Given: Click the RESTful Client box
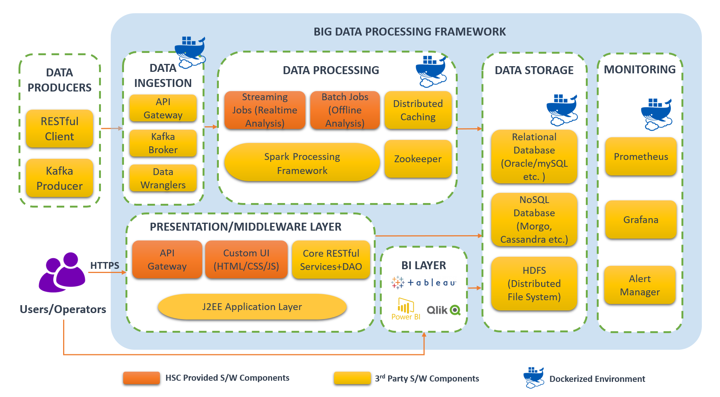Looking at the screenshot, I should click(x=59, y=129).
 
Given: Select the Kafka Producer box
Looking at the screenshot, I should click(x=59, y=178).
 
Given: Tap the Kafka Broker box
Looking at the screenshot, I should click(x=163, y=143).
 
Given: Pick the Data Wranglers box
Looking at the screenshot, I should click(x=163, y=178).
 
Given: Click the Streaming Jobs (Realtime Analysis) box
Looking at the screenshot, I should click(x=265, y=110).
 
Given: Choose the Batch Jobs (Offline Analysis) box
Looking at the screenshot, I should click(x=345, y=110).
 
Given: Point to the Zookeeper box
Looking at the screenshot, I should click(x=418, y=159).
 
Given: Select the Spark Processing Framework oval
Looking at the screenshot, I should click(x=302, y=163).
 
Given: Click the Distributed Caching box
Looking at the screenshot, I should click(x=418, y=110).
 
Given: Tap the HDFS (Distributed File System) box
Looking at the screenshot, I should click(x=534, y=284).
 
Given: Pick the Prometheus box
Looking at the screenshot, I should click(x=641, y=157).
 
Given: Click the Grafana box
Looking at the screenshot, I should click(x=641, y=220).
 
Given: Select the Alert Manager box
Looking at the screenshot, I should click(x=640, y=285).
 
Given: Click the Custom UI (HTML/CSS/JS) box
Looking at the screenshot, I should click(x=246, y=260).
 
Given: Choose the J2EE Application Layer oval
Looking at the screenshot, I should click(x=252, y=307).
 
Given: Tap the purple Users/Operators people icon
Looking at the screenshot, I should click(x=62, y=273).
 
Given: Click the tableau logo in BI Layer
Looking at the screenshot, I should click(x=424, y=282).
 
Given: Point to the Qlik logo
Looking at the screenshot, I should click(x=443, y=310).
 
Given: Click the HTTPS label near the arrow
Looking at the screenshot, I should click(x=105, y=265).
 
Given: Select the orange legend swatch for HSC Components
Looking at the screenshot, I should click(x=141, y=378).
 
